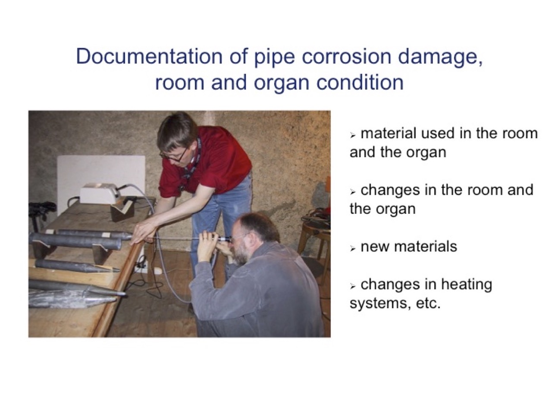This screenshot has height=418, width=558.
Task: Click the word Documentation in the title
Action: (x=149, y=56)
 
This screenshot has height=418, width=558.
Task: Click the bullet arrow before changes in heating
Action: (x=352, y=287)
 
